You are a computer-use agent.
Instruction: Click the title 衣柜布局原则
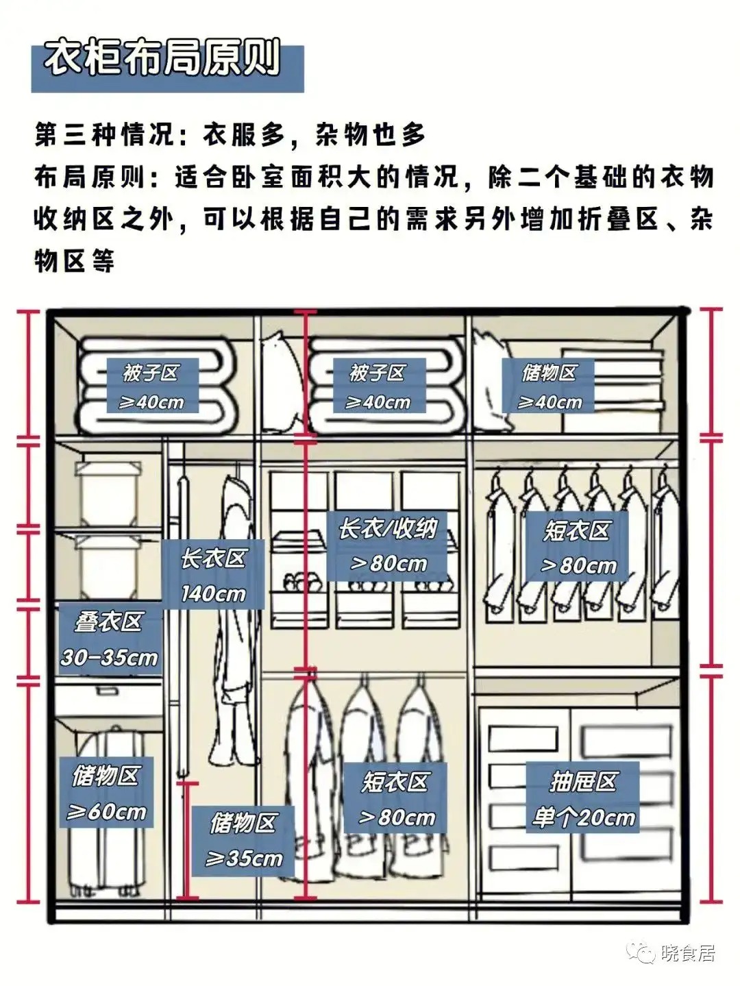163,60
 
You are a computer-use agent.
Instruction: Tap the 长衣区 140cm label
212,575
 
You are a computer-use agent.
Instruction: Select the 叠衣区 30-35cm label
109,639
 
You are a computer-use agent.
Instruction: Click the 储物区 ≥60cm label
106,793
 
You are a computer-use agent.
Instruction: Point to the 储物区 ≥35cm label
243,840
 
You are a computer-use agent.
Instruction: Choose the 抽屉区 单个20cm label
582,798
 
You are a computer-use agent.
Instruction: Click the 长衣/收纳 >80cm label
387,545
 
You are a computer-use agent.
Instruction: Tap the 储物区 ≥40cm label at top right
549,386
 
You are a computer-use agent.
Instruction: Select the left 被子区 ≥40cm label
152,386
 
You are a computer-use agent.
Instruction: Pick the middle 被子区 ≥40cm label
379,386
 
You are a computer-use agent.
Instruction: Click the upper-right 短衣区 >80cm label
577,547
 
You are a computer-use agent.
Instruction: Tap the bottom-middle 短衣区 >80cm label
395,798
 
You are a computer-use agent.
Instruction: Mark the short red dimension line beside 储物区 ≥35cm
187,840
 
